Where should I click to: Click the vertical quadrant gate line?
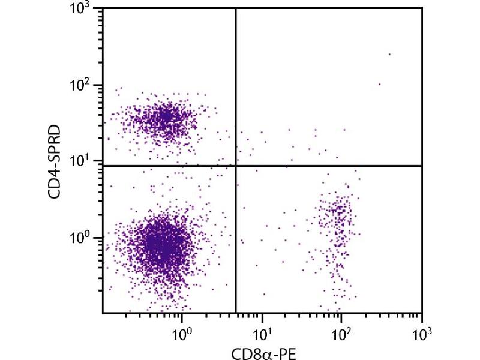click(x=236, y=90)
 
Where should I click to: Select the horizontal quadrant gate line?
click(x=330, y=165)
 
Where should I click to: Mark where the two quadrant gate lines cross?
click(x=236, y=165)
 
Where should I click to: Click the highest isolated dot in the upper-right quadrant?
click(x=389, y=54)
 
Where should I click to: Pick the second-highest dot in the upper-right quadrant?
click(x=379, y=84)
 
